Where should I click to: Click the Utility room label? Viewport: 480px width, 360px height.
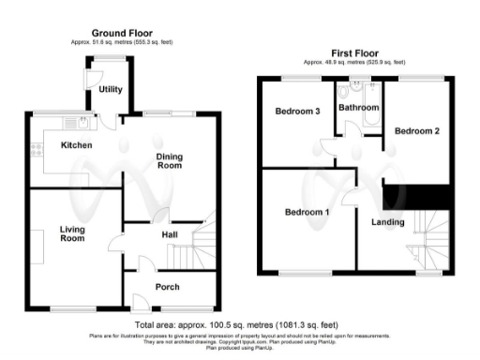(110, 90)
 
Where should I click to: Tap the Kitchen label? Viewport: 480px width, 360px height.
(76, 145)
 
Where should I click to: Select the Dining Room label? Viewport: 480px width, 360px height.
(168, 160)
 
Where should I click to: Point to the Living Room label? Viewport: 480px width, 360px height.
(73, 233)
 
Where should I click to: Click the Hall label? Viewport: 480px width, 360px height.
(170, 234)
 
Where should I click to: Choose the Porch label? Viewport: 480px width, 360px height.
(167, 287)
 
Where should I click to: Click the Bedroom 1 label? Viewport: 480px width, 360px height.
(307, 213)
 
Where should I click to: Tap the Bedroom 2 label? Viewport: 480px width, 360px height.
(416, 131)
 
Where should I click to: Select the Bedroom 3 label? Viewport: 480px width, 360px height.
(298, 112)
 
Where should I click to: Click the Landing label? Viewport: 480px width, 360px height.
(387, 222)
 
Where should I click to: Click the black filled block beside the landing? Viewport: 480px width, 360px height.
(417, 198)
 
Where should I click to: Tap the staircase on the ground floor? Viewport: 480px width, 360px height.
(194, 246)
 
